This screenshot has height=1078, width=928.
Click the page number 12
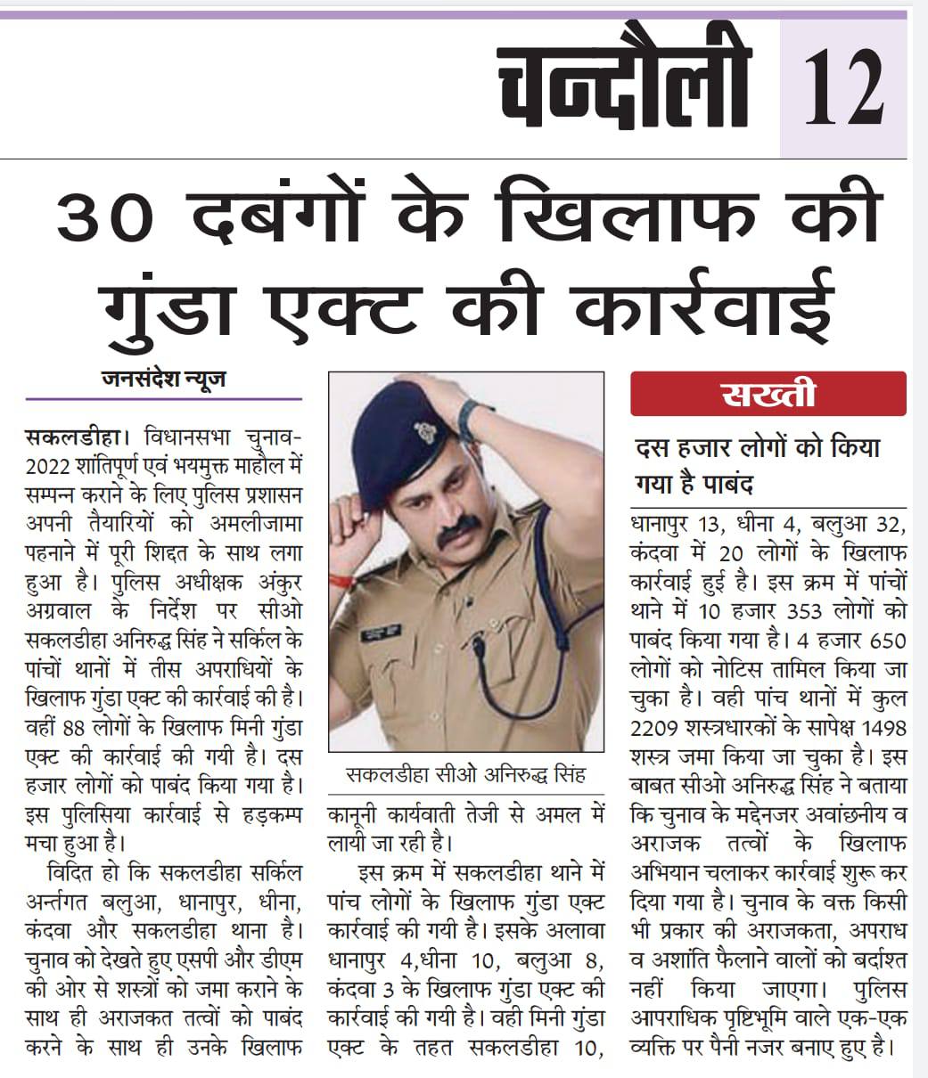tap(844, 88)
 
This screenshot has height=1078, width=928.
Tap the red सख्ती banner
tap(768, 395)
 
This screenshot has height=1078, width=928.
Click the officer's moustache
tap(457, 533)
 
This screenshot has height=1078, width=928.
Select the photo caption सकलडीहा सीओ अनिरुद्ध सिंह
tap(466, 775)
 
